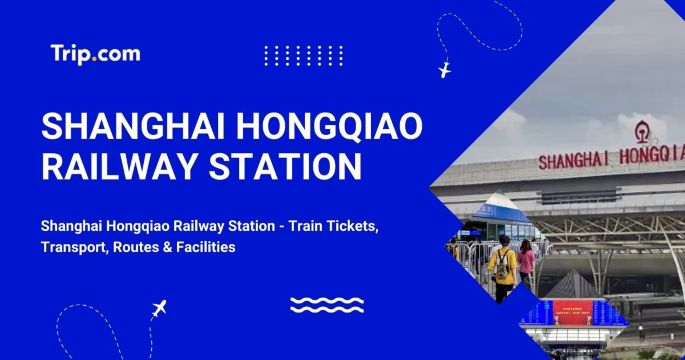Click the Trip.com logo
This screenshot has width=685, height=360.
(95, 54)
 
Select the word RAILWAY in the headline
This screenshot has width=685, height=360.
(116, 166)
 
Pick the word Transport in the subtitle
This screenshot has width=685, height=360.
(77, 247)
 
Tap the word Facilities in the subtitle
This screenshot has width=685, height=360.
(203, 247)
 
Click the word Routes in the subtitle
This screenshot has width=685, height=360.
(144, 247)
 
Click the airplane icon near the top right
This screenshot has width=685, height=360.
(445, 70)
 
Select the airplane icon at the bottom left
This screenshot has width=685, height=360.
(158, 309)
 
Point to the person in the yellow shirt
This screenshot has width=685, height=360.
(502, 269)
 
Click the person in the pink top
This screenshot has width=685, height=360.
(526, 265)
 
